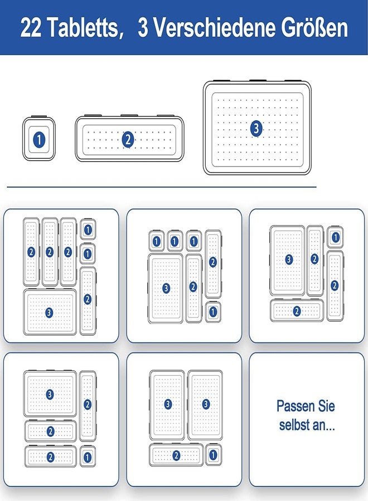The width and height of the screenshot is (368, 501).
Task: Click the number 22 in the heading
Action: (x=31, y=27)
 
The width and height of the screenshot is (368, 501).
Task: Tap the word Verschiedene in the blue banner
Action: (x=215, y=27)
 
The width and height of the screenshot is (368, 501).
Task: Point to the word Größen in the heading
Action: (x=314, y=27)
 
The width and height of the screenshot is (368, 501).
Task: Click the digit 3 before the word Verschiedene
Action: (x=143, y=27)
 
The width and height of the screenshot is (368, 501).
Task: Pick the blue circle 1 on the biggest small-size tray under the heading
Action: (x=39, y=140)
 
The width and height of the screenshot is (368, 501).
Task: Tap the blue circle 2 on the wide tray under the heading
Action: (x=128, y=140)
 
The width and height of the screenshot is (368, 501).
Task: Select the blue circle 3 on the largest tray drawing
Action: (x=256, y=129)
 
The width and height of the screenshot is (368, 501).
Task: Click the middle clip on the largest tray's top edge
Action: (x=258, y=81)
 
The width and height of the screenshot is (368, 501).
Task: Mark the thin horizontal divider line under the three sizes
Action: (x=162, y=187)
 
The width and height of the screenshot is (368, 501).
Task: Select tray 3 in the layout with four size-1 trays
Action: (x=166, y=288)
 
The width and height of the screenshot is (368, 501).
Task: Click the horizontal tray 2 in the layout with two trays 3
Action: (x=176, y=455)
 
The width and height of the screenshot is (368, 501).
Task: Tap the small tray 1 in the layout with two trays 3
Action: (x=214, y=455)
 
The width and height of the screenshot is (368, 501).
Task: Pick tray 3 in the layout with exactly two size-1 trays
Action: (x=50, y=312)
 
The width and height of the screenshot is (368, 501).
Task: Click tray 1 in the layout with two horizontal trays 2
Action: (x=88, y=457)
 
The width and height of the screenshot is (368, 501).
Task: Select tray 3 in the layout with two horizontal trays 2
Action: (x=50, y=394)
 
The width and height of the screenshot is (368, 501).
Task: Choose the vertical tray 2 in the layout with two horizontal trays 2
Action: (x=88, y=406)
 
